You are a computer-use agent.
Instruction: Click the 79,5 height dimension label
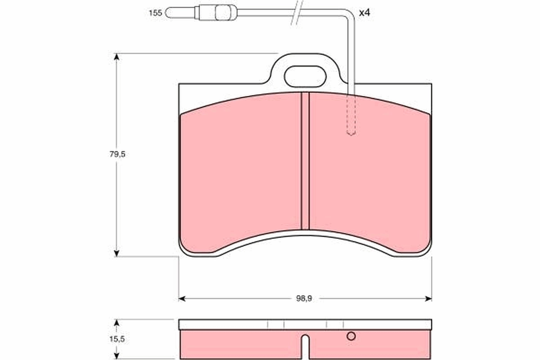[117, 154]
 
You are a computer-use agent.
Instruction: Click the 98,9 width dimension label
[305, 298]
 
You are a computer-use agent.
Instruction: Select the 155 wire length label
[155, 13]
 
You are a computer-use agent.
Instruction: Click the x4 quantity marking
[364, 13]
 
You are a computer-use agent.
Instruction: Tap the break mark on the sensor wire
[297, 13]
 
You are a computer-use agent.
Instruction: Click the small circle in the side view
[351, 336]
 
